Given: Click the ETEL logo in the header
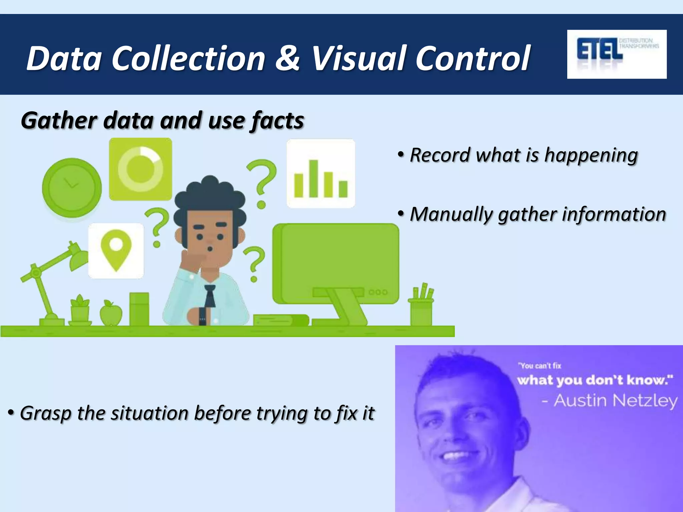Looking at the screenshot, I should [616, 54].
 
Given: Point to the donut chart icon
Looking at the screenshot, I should [140, 169].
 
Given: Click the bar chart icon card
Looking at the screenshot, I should [321, 174].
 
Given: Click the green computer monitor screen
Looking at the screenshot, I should [337, 257].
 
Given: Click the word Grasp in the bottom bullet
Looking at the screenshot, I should [46, 414].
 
